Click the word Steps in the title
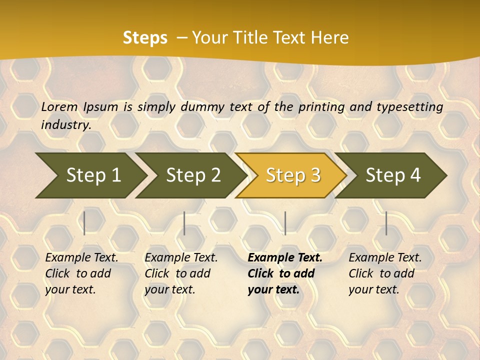145,38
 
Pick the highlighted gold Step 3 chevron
291,175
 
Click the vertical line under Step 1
84,223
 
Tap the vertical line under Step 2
184,223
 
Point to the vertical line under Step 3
285,223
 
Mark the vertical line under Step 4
386,223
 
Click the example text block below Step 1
81,273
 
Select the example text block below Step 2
181,273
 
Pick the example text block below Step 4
385,273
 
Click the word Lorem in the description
59,106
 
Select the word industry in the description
65,124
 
